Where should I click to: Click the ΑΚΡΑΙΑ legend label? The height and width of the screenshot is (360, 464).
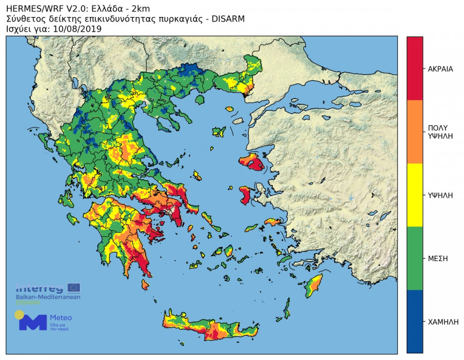[440, 68]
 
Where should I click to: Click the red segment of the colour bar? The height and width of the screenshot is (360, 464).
[415, 68]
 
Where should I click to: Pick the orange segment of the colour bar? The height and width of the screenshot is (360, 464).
[415, 132]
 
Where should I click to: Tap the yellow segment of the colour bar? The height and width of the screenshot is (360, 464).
[415, 195]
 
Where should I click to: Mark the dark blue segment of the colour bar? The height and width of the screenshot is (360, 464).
[415, 321]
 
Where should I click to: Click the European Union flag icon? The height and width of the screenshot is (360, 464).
[74, 288]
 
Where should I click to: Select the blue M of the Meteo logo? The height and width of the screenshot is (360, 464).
[32, 322]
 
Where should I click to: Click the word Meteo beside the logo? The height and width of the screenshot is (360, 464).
[61, 318]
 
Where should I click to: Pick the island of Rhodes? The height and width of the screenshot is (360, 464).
[312, 286]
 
